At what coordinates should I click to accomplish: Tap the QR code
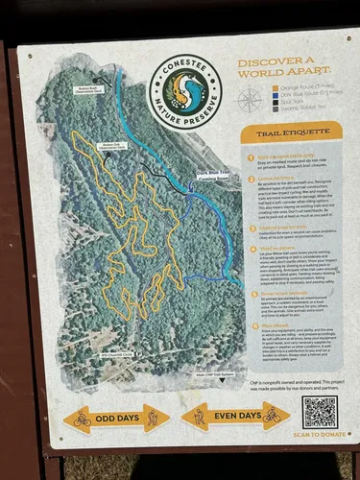pyautogui.click(x=319, y=412)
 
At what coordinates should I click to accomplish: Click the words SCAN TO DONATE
pyautogui.click(x=319, y=435)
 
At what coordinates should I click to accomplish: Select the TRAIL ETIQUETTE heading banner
pyautogui.click(x=291, y=131)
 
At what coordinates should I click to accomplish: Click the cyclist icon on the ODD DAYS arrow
pyautogui.click(x=83, y=418)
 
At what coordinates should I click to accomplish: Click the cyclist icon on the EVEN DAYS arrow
pyautogui.click(x=272, y=416)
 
